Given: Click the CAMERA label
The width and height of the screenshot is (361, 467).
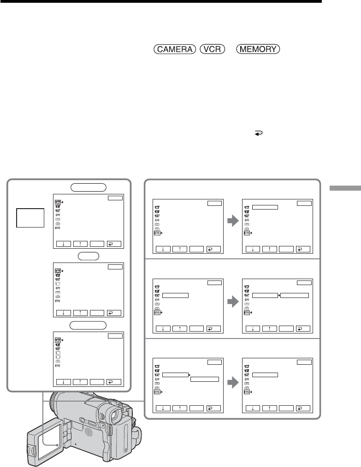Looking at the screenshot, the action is coord(175,49).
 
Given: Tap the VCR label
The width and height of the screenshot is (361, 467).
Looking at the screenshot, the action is coord(212,49).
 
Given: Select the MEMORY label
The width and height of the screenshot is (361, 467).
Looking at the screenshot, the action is coord(258,49).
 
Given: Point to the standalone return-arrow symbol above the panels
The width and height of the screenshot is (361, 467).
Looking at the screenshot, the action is coord(258,134).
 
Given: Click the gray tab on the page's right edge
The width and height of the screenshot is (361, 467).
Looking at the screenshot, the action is coord(345,188).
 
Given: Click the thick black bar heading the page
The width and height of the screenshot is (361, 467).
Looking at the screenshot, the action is coord(161,1).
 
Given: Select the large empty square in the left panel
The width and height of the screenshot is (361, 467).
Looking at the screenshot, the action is coord(30,218).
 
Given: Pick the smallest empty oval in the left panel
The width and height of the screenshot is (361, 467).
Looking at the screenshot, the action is coord(89,256).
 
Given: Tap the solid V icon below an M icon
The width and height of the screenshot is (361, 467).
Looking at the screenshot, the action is coord(58,275).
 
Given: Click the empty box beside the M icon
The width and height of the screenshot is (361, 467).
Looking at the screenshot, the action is coord(265,207).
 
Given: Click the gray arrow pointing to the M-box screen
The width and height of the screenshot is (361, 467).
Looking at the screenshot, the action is coord(233,221).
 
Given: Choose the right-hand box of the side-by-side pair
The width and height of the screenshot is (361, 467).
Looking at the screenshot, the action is coord(295,296).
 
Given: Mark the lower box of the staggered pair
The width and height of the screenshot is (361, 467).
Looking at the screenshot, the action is coord(205,379).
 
